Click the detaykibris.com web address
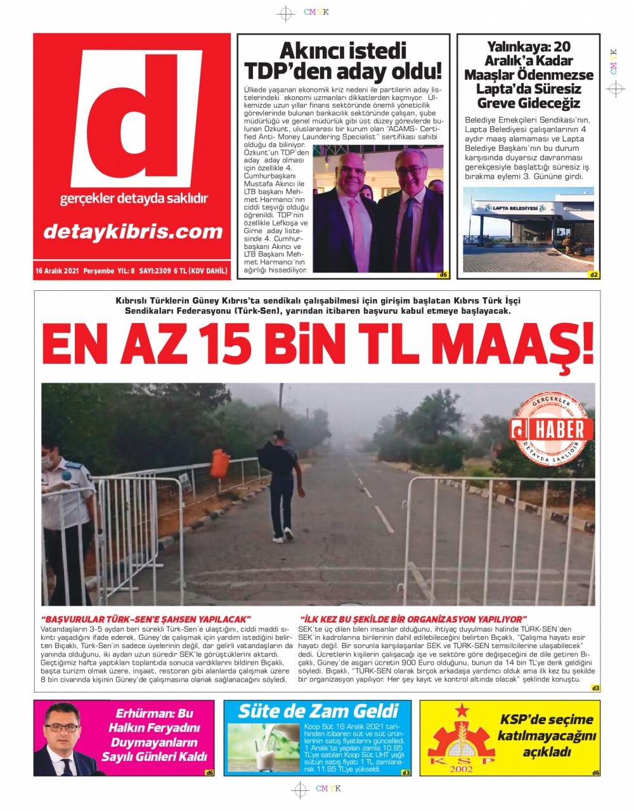click(133, 231)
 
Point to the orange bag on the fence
click(220, 464)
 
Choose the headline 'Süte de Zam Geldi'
click(318, 711)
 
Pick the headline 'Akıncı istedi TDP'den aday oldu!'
click(343, 60)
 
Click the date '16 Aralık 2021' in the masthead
click(57, 271)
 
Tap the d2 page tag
click(593, 275)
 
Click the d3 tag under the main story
click(595, 687)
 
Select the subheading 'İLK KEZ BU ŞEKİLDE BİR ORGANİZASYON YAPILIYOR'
click(413, 618)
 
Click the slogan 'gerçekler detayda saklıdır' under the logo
click(134, 199)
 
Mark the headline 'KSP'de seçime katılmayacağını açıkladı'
click(547, 736)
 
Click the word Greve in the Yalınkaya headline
click(495, 103)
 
